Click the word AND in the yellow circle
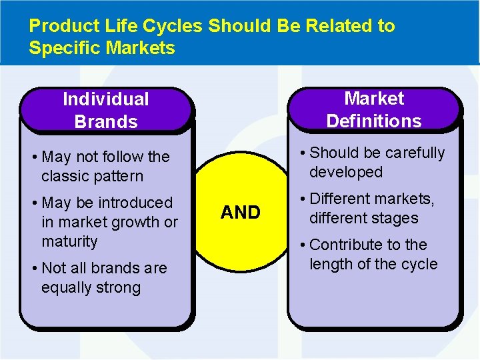(x=240, y=213)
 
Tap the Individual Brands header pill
(x=106, y=110)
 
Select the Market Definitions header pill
(x=374, y=109)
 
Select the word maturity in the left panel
(x=69, y=241)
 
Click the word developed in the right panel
(x=345, y=172)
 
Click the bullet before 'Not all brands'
(x=34, y=269)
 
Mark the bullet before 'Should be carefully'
(x=303, y=153)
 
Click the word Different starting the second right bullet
(x=343, y=199)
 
